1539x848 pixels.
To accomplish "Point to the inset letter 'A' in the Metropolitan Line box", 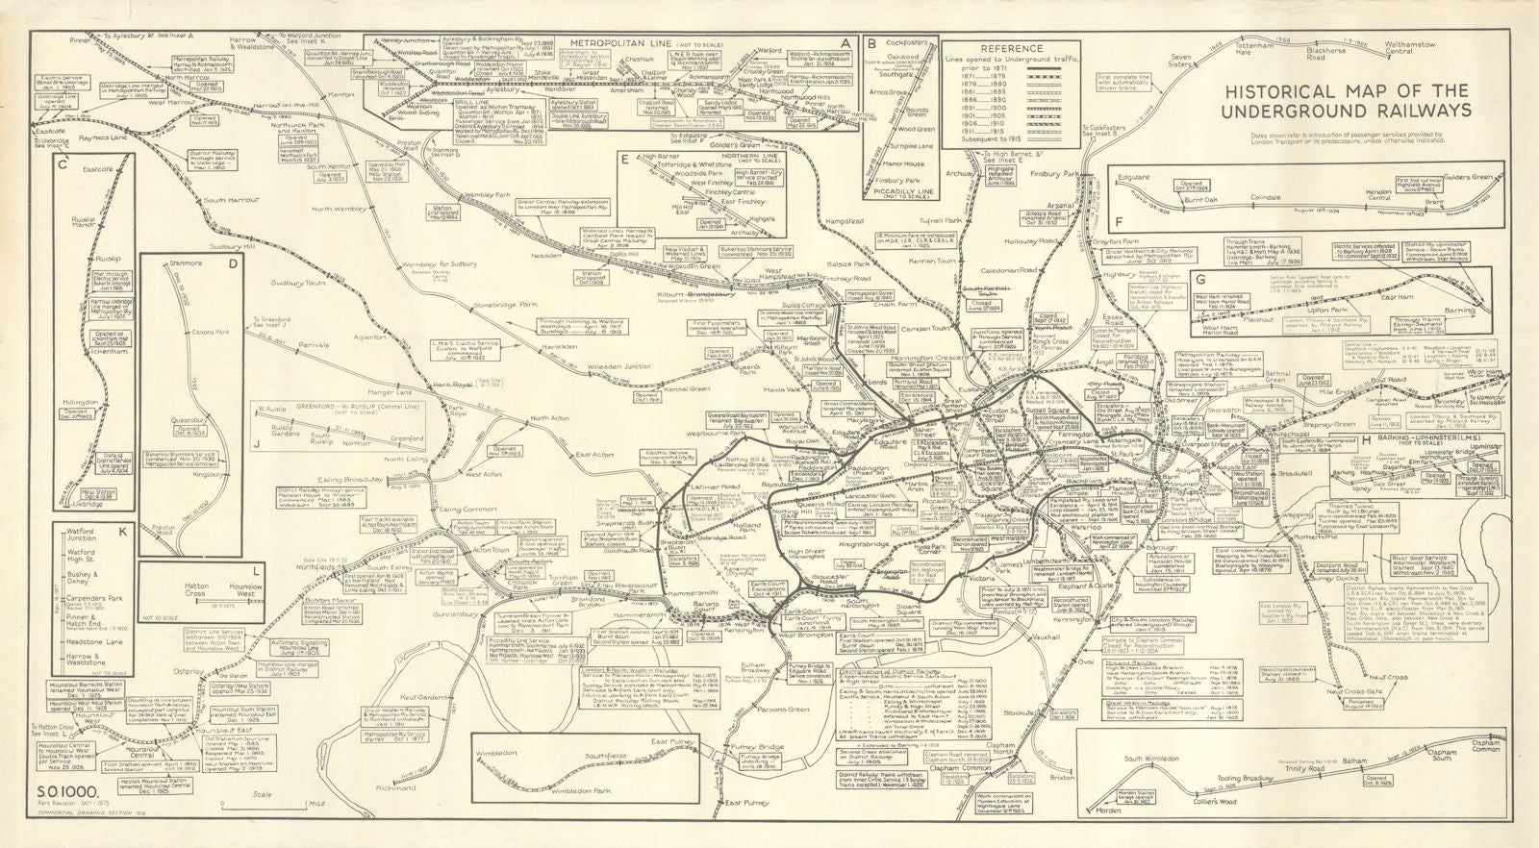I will tap(845, 43).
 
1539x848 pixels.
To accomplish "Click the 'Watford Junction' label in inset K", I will tap(82, 534).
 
